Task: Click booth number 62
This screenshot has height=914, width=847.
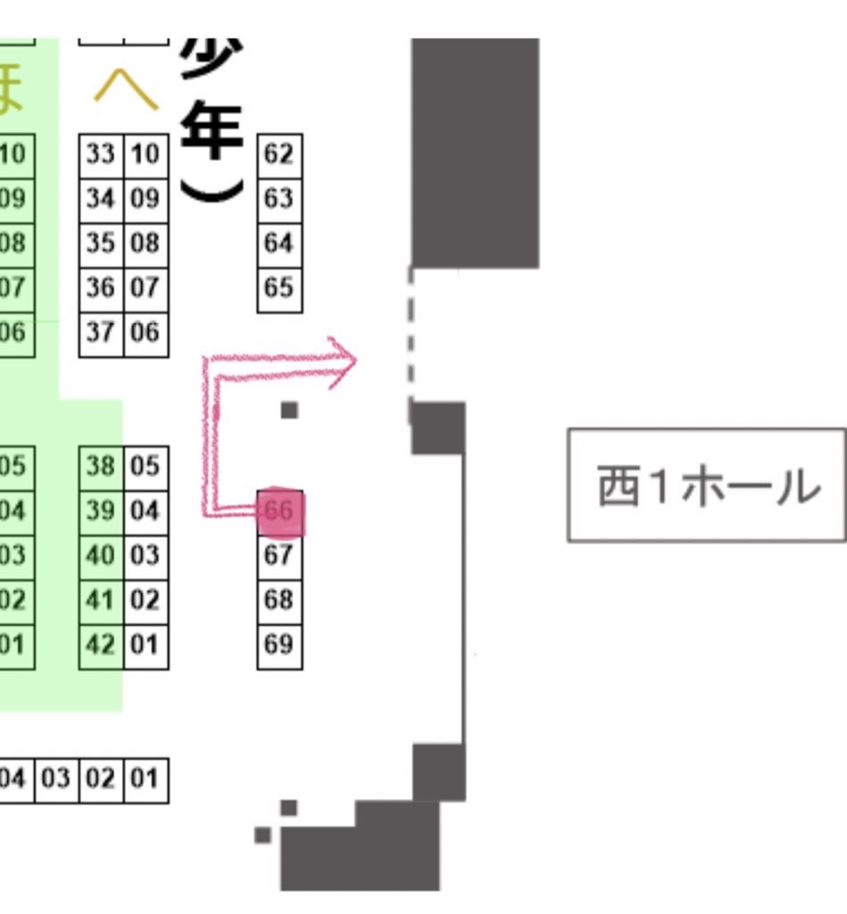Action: (279, 155)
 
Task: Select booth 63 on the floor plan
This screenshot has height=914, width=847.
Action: (279, 199)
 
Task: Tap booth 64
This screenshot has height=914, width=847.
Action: (279, 244)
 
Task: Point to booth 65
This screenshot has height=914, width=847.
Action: (279, 288)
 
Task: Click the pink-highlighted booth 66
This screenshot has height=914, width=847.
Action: (280, 511)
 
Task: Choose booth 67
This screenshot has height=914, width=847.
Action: (279, 556)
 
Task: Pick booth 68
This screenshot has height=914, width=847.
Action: (279, 601)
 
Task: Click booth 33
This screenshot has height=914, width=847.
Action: (101, 155)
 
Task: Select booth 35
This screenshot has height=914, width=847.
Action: (101, 244)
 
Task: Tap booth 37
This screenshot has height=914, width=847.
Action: (101, 333)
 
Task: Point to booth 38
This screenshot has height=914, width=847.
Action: (101, 467)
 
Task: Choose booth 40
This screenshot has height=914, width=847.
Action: (101, 556)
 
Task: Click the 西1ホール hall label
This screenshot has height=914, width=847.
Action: (707, 486)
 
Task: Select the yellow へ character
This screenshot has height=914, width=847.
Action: (126, 89)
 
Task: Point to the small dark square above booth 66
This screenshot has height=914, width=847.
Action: (289, 411)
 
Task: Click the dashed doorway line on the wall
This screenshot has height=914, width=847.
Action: (411, 339)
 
